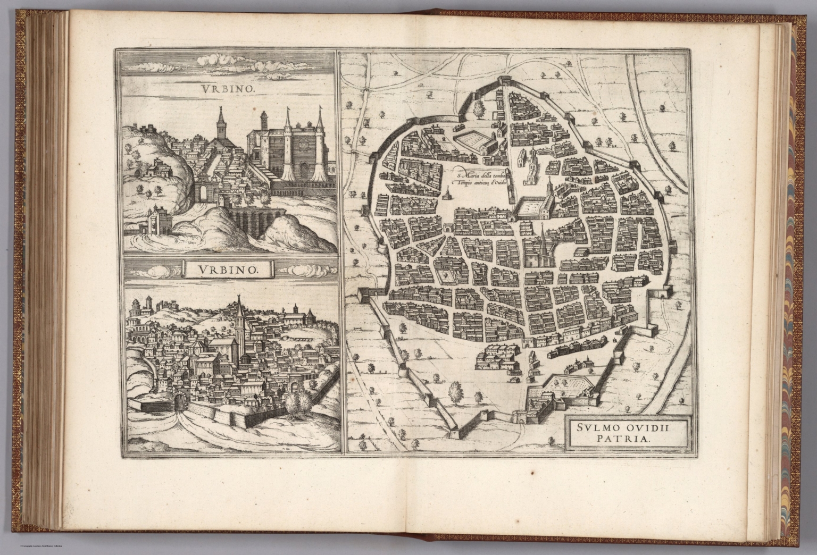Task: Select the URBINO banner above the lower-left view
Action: click(230, 269)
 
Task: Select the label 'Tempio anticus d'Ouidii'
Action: click(478, 183)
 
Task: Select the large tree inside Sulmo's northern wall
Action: click(479, 108)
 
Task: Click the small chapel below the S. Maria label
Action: click(448, 196)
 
